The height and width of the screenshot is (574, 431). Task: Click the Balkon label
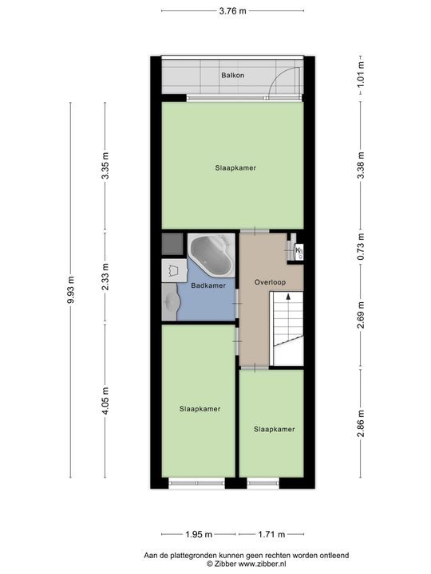pos(233,76)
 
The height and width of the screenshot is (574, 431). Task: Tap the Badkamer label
pos(208,285)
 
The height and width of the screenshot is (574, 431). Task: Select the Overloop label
pos(270,283)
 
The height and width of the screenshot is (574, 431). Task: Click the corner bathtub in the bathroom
pos(210,254)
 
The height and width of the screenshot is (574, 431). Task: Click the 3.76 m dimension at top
pos(232,10)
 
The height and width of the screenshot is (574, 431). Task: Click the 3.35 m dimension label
pos(105,167)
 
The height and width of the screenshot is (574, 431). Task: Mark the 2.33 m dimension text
pos(105,278)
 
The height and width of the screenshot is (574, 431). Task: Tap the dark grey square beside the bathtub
pos(172,242)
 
